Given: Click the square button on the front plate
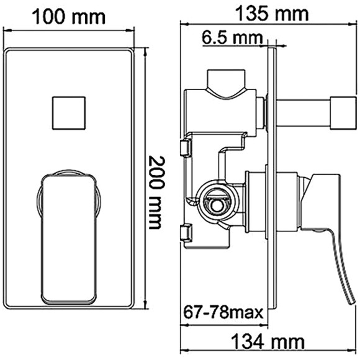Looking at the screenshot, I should pos(68,114).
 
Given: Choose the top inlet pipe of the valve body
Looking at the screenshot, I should pos(225,83).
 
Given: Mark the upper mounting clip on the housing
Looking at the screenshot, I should pos(184,148).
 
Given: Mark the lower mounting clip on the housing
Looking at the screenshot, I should pos(184,233).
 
